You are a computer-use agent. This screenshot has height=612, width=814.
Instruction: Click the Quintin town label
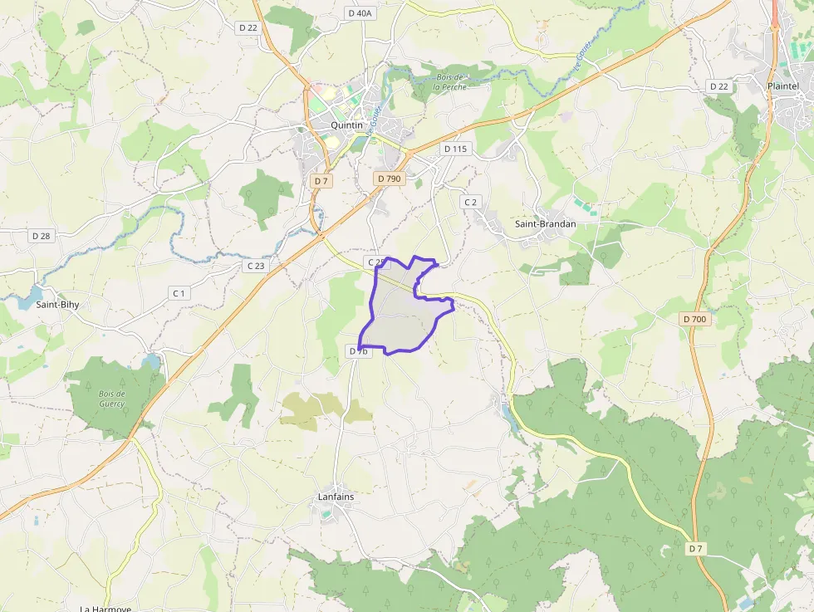coord(347,125)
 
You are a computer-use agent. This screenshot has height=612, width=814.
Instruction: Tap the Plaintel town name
coord(783,86)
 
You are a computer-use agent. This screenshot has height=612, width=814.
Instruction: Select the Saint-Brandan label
coord(546,223)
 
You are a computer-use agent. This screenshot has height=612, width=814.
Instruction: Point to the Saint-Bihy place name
coord(57,305)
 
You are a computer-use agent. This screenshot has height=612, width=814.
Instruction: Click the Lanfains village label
coord(336,497)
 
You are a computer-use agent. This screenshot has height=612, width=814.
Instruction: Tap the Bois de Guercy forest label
coord(111,399)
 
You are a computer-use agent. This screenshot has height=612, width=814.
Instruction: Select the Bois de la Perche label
coord(449,82)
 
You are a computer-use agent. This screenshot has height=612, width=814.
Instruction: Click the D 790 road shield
coord(389,179)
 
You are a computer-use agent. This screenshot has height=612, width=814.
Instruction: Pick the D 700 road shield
coord(694,319)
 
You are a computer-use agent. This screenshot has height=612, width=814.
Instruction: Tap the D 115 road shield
coord(456,149)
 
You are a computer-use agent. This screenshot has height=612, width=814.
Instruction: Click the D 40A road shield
coord(360,13)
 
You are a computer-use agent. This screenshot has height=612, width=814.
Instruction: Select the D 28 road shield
coord(41,236)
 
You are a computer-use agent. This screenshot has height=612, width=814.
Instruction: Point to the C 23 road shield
coord(256,266)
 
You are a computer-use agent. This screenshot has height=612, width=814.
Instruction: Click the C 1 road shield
coord(179,293)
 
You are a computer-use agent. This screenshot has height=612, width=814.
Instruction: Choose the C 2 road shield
coord(471,202)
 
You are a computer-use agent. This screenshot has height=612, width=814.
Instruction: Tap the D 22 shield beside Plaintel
coord(718,86)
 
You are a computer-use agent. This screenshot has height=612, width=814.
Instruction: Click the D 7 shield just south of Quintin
coord(321,180)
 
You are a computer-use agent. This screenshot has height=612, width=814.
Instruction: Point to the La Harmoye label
coord(105,608)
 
